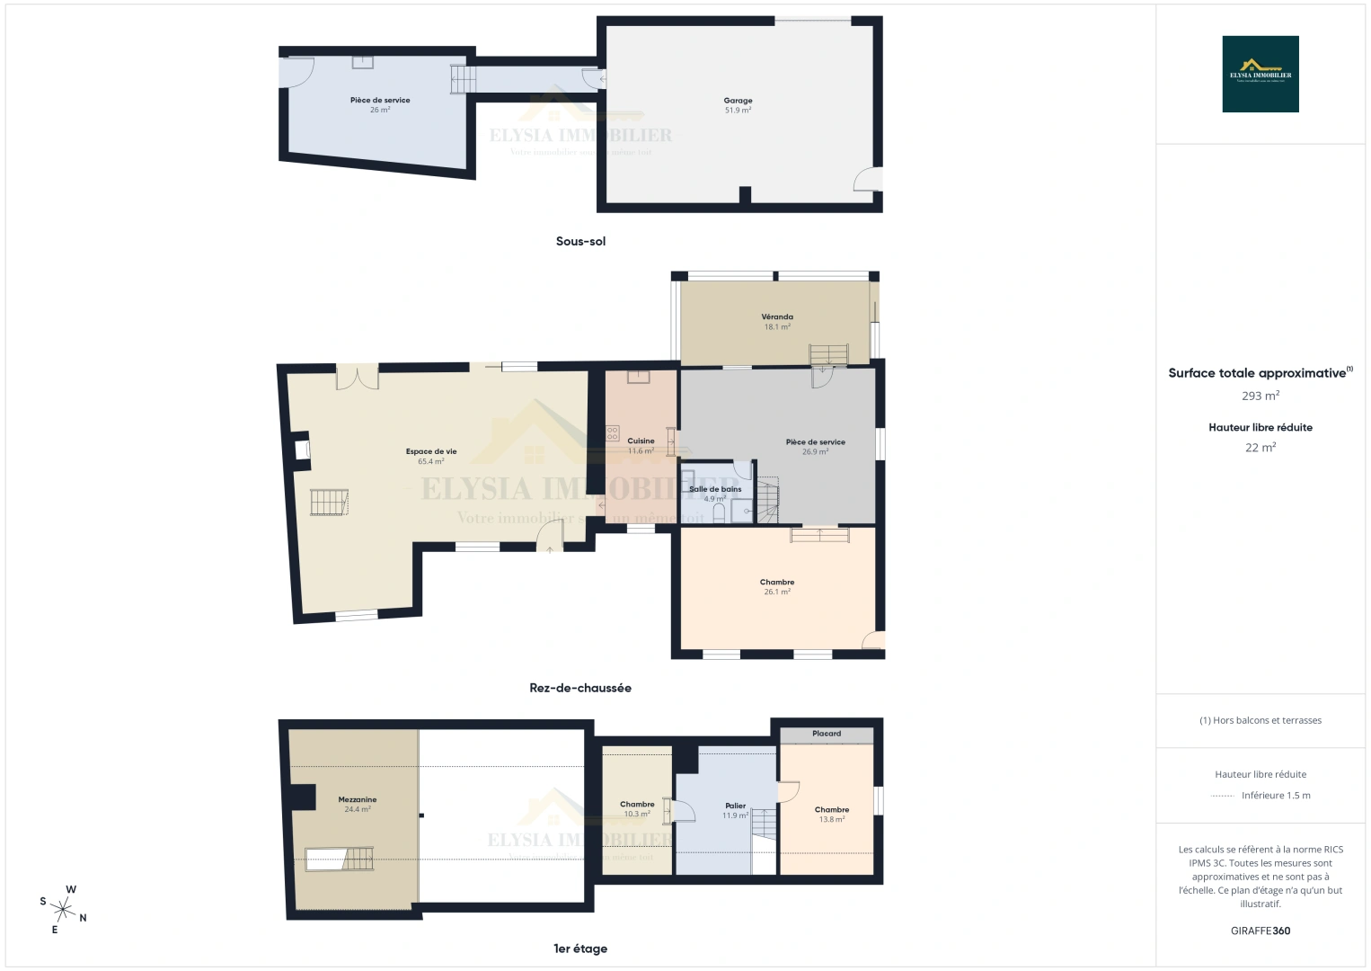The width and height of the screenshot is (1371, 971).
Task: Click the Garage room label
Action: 738,101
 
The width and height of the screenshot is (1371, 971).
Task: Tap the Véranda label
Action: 777,316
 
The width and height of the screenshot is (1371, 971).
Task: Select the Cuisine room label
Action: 641,441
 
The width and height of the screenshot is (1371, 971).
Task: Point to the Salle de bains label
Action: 715,489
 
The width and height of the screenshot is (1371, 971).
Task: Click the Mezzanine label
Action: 357,799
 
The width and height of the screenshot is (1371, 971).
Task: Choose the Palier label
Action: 735,806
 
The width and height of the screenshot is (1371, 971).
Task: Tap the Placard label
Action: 827,734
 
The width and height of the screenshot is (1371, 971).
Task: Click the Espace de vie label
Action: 431,451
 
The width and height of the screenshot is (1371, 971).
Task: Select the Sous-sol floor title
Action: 580,241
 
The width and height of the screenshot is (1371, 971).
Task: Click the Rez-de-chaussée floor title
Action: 579,688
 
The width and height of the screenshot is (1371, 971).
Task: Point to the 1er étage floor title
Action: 579,949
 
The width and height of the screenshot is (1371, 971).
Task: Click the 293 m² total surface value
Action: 1260,396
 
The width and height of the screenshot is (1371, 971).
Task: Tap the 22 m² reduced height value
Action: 1260,447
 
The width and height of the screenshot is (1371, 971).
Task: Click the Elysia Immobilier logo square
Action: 1260,74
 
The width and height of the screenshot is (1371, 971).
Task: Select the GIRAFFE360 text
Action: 1260,931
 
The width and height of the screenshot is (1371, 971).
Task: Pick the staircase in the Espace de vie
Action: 329,503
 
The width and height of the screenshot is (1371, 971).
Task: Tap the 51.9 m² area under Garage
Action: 738,111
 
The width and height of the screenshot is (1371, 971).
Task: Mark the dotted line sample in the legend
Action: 1223,796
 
